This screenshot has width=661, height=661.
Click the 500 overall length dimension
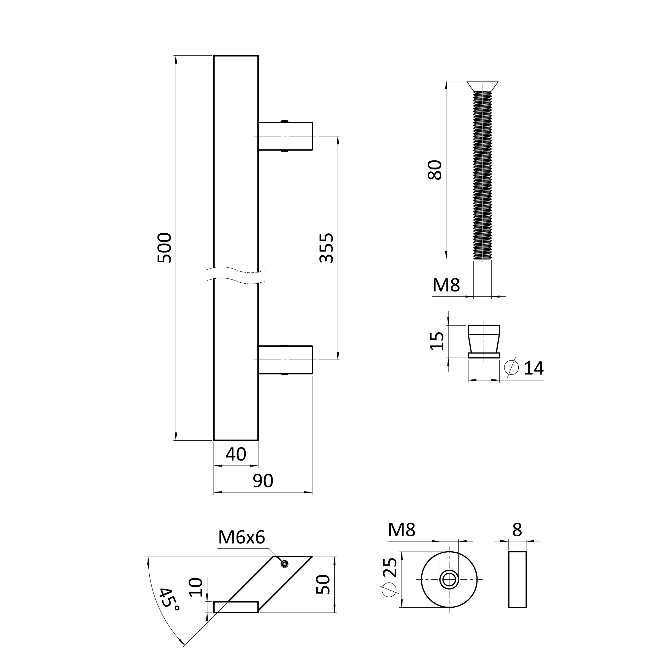(164, 248)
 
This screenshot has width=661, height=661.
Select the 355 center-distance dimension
(326, 248)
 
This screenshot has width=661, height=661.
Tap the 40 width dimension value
(236, 454)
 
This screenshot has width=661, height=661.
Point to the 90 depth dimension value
(263, 481)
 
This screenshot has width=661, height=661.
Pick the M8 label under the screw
(446, 285)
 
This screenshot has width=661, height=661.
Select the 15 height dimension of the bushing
(436, 341)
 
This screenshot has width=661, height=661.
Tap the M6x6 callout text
(242, 537)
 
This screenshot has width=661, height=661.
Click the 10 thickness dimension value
(196, 587)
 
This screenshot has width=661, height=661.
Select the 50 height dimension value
(323, 585)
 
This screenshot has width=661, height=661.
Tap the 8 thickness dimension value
(517, 530)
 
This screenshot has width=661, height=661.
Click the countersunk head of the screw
(483, 86)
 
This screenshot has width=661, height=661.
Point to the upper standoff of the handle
(285, 136)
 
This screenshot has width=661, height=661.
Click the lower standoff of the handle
(285, 360)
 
